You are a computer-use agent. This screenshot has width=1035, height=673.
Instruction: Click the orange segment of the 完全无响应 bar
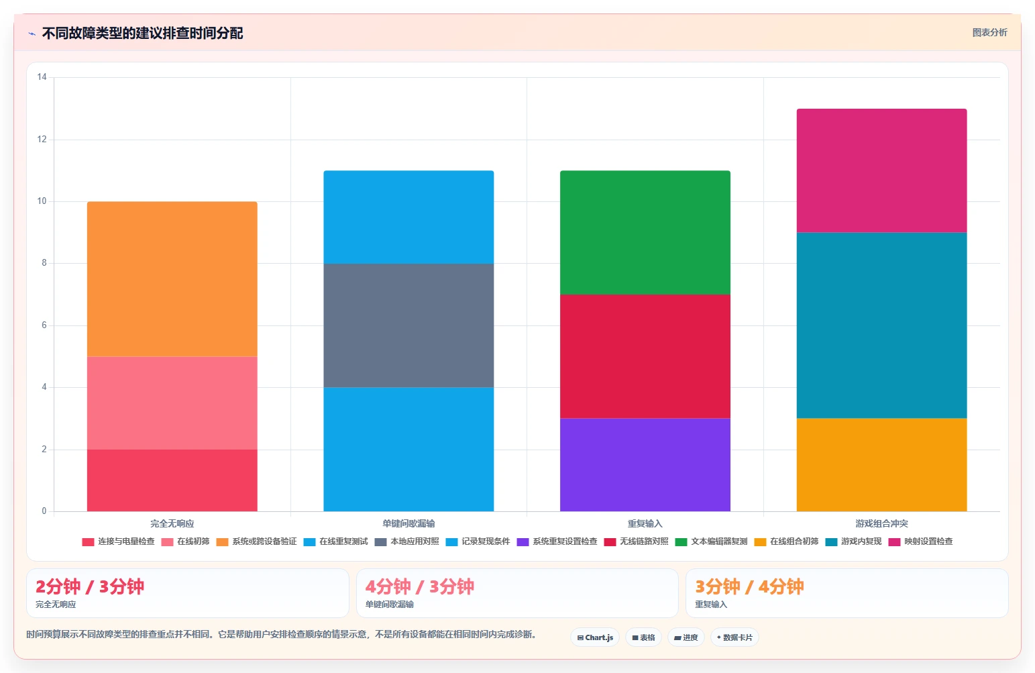(x=172, y=278)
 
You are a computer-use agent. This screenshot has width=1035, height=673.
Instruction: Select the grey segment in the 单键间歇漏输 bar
(x=408, y=325)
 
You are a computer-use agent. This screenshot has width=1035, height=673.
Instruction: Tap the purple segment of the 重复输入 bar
(x=645, y=464)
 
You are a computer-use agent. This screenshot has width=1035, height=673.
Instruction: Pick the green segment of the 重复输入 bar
(x=645, y=233)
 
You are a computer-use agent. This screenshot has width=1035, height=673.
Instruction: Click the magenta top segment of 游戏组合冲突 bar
(x=881, y=170)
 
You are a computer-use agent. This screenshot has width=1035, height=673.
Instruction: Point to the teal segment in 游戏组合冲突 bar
(x=881, y=325)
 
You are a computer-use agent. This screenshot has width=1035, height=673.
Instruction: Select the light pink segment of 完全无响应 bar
(x=172, y=403)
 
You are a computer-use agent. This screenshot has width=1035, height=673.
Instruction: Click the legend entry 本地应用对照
(x=406, y=541)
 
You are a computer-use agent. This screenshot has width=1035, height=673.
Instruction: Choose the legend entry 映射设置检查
(x=920, y=541)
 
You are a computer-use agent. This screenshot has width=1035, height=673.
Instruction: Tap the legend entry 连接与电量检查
(x=118, y=541)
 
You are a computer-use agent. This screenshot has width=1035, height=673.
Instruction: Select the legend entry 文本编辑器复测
(x=711, y=541)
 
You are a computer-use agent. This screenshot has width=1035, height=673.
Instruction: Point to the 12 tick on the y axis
(x=42, y=139)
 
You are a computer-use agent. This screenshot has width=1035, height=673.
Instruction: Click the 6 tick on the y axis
(x=44, y=325)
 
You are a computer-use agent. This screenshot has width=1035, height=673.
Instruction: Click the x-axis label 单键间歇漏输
(x=408, y=523)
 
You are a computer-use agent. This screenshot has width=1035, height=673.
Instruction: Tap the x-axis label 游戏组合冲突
(x=881, y=523)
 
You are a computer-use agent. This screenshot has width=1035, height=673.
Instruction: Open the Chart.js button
(x=595, y=637)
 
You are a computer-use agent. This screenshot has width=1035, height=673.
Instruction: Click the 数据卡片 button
(x=734, y=637)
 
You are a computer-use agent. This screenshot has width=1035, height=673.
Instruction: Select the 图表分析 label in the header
(x=989, y=32)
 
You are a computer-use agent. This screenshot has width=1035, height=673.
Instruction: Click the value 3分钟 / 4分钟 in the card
(x=749, y=586)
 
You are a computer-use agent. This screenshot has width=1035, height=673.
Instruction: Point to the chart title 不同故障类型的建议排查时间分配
(x=142, y=34)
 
